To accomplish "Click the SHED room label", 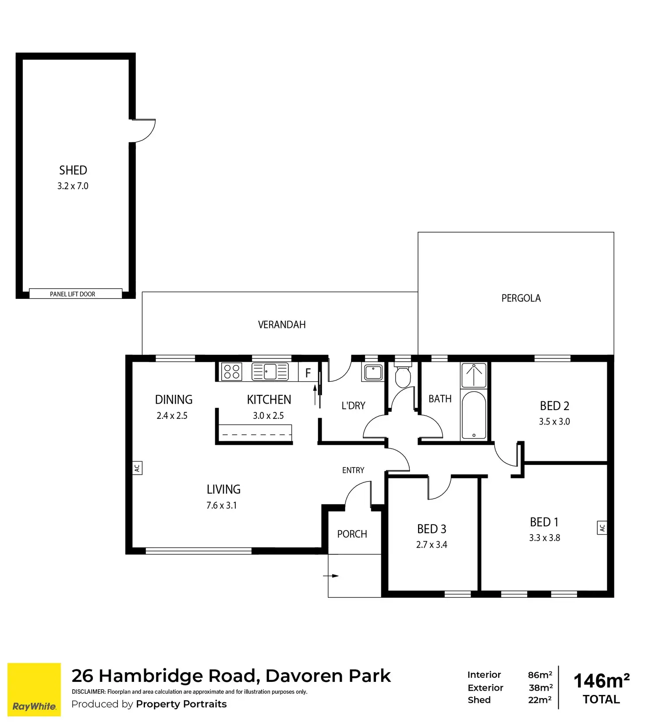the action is (x=73, y=170).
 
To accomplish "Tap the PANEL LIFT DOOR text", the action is (x=73, y=294).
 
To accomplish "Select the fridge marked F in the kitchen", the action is (x=308, y=373).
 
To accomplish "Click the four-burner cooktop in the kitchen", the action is (x=231, y=372).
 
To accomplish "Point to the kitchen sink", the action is (x=270, y=372).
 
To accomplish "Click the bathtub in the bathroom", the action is (x=474, y=415).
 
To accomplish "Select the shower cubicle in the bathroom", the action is (x=474, y=375).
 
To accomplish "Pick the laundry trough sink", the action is (x=373, y=372).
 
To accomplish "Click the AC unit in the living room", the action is (x=137, y=468).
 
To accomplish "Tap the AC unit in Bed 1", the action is (x=602, y=528).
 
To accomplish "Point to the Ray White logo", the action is (x=34, y=690).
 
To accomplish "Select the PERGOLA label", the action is (x=521, y=298).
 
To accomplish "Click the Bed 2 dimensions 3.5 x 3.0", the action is (x=554, y=422).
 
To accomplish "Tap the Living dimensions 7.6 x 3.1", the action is (x=222, y=506).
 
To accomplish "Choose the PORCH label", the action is (x=352, y=534).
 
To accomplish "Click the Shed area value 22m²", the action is (x=540, y=700).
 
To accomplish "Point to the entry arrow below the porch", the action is (x=331, y=576).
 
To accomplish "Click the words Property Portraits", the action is (x=181, y=704).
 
